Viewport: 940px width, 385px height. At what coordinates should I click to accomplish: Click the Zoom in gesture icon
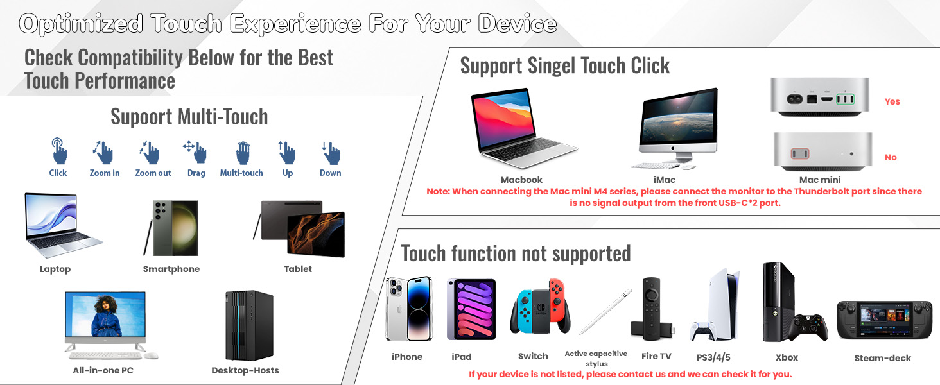[103, 153]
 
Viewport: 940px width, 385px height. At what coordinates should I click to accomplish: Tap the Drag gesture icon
[196, 152]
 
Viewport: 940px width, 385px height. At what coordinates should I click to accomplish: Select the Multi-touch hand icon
[242, 153]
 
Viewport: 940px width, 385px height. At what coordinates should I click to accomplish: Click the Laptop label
[55, 269]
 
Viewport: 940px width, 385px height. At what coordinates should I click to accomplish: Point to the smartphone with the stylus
[171, 228]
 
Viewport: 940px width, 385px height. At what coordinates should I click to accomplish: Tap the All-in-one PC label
[103, 370]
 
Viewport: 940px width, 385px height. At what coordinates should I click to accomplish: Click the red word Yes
[892, 101]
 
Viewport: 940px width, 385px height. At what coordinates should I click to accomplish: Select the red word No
[891, 157]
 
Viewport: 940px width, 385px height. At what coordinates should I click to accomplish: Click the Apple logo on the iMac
[678, 148]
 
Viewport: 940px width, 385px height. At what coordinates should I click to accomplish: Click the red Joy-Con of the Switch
[560, 305]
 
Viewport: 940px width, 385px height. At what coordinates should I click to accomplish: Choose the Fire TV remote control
[650, 302]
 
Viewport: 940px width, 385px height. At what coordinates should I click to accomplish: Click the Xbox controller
[808, 327]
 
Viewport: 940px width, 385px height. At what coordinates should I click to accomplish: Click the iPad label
[461, 357]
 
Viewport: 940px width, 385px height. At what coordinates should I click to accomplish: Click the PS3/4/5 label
[713, 357]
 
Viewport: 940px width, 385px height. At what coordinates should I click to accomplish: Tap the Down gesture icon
[331, 153]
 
